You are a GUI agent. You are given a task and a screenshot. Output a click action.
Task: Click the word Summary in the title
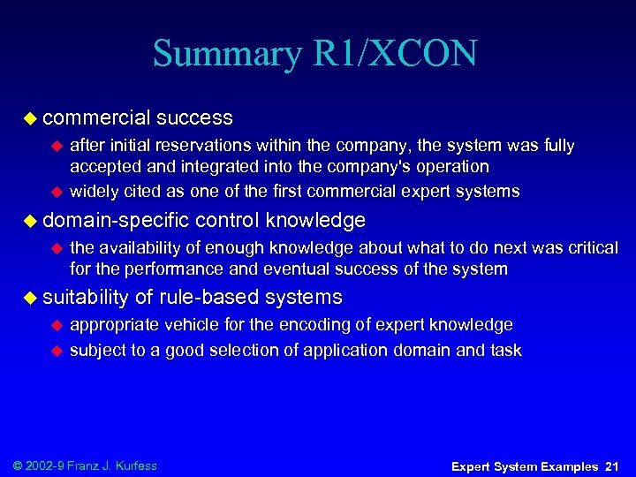coord(228,54)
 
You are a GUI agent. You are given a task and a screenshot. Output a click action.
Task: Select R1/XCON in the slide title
coord(395,54)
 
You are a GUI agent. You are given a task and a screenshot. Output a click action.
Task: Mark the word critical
coord(591,248)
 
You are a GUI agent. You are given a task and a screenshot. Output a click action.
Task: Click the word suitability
coord(86,298)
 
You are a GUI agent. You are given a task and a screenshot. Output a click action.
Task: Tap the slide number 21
coord(611,466)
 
